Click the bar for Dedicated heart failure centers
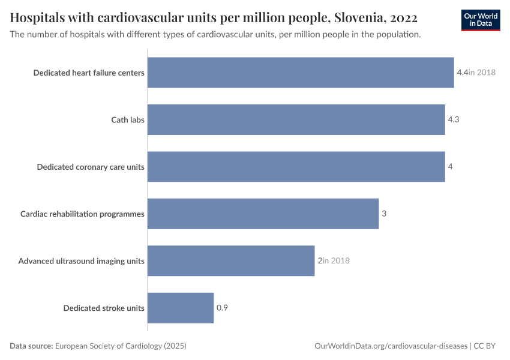(300, 73)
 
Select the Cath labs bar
(296, 119)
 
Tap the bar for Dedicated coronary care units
(296, 166)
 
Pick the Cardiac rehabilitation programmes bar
(263, 214)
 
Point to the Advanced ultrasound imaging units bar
(231, 260)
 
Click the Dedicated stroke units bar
(181, 308)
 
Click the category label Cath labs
(128, 119)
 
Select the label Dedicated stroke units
(104, 308)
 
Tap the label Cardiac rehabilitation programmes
(82, 214)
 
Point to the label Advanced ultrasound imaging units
(81, 261)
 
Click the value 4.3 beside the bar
(454, 119)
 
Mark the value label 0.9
(222, 308)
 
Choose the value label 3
(384, 214)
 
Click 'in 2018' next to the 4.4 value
(482, 73)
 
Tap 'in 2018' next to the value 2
(336, 261)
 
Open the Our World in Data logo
(481, 20)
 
